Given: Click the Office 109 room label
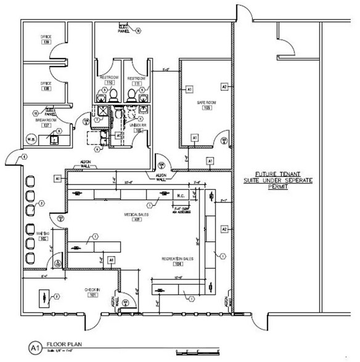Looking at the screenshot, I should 46,39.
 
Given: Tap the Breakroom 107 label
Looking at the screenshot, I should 45,123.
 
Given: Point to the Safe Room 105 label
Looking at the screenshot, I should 204,105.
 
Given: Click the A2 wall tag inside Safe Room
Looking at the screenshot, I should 224,87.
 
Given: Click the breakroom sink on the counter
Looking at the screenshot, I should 54,140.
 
